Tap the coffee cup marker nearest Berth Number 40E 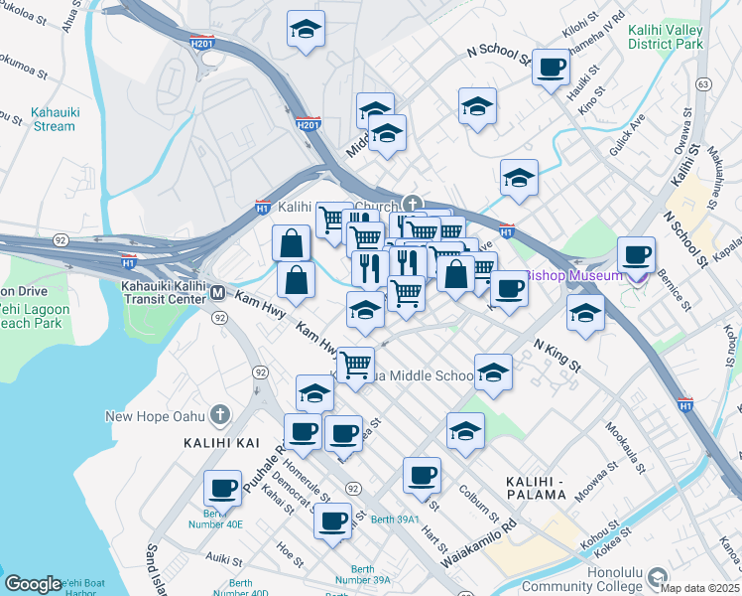[x=222, y=488]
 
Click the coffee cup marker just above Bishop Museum [x=635, y=253]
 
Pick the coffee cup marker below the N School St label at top [x=551, y=67]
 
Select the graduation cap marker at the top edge [x=306, y=28]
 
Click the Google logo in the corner [x=32, y=584]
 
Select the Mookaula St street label [x=627, y=443]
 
